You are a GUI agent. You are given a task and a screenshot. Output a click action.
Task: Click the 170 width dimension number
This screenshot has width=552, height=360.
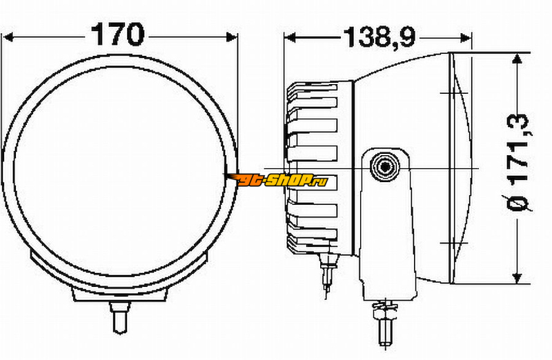click(x=117, y=34)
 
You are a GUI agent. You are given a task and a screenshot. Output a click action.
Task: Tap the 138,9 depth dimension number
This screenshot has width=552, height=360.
click(x=379, y=37)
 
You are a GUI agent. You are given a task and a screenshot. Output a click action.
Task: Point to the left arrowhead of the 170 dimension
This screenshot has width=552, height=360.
click(x=8, y=37)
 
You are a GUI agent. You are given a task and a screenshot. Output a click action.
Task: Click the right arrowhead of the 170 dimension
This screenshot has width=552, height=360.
click(x=232, y=37)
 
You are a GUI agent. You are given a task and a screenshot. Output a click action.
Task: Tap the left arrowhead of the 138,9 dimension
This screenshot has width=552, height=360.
click(x=290, y=37)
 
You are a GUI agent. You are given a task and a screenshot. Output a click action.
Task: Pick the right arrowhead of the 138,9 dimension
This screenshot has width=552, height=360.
click(x=465, y=37)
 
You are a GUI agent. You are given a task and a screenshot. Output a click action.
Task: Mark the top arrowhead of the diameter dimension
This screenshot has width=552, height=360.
click(x=517, y=59)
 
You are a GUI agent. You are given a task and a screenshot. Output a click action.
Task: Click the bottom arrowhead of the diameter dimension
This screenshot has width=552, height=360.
click(x=517, y=278)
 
